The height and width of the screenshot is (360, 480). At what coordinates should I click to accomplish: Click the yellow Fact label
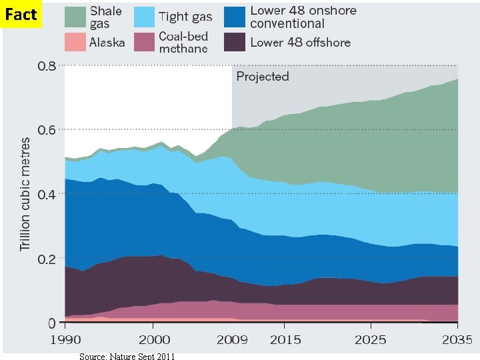pyautogui.click(x=21, y=14)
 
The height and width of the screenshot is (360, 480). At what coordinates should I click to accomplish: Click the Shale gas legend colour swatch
pyautogui.click(x=75, y=17)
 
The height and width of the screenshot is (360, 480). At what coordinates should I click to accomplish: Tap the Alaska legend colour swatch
pyautogui.click(x=75, y=42)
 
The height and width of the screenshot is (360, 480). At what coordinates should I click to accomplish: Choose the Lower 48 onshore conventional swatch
pyautogui.click(x=234, y=17)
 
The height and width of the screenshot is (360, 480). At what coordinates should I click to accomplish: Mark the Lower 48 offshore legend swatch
pyautogui.click(x=234, y=42)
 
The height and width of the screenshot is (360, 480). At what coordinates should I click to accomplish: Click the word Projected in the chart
pyautogui.click(x=263, y=76)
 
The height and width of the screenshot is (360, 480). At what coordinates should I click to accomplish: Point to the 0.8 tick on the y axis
pyautogui.click(x=46, y=66)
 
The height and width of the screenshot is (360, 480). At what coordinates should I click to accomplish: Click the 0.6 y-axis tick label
pyautogui.click(x=46, y=130)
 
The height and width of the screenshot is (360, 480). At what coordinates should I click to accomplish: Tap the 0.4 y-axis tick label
pyautogui.click(x=46, y=194)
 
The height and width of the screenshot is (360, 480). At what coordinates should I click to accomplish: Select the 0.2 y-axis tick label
pyautogui.click(x=46, y=259)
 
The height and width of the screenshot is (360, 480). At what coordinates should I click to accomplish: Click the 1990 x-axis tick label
pyautogui.click(x=65, y=339)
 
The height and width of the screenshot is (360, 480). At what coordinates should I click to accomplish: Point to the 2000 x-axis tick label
pyautogui.click(x=153, y=339)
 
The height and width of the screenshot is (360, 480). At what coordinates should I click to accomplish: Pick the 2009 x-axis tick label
pyautogui.click(x=231, y=339)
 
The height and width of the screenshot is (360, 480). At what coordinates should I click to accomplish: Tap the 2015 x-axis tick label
pyautogui.click(x=285, y=339)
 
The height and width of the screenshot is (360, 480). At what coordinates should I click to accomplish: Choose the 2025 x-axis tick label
pyautogui.click(x=371, y=339)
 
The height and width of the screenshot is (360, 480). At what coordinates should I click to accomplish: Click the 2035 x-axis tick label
pyautogui.click(x=457, y=339)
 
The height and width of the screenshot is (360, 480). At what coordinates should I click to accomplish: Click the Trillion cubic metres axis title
pyautogui.click(x=25, y=193)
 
